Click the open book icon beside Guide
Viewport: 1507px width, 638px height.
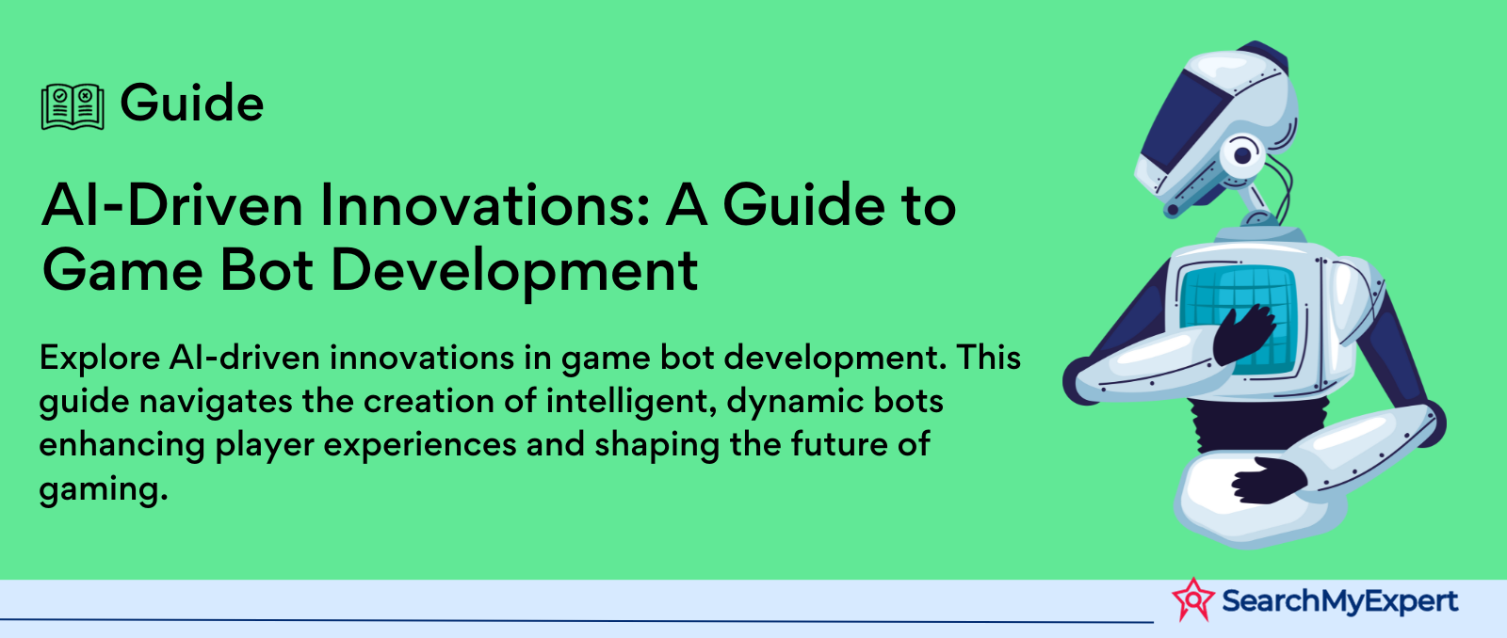tap(73, 106)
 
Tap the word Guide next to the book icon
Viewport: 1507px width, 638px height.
tap(192, 103)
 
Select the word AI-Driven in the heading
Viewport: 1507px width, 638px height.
tap(172, 205)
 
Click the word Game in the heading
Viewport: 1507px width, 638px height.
tap(122, 270)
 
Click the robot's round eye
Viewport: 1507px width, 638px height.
tap(1241, 155)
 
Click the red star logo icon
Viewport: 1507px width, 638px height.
tap(1193, 599)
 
